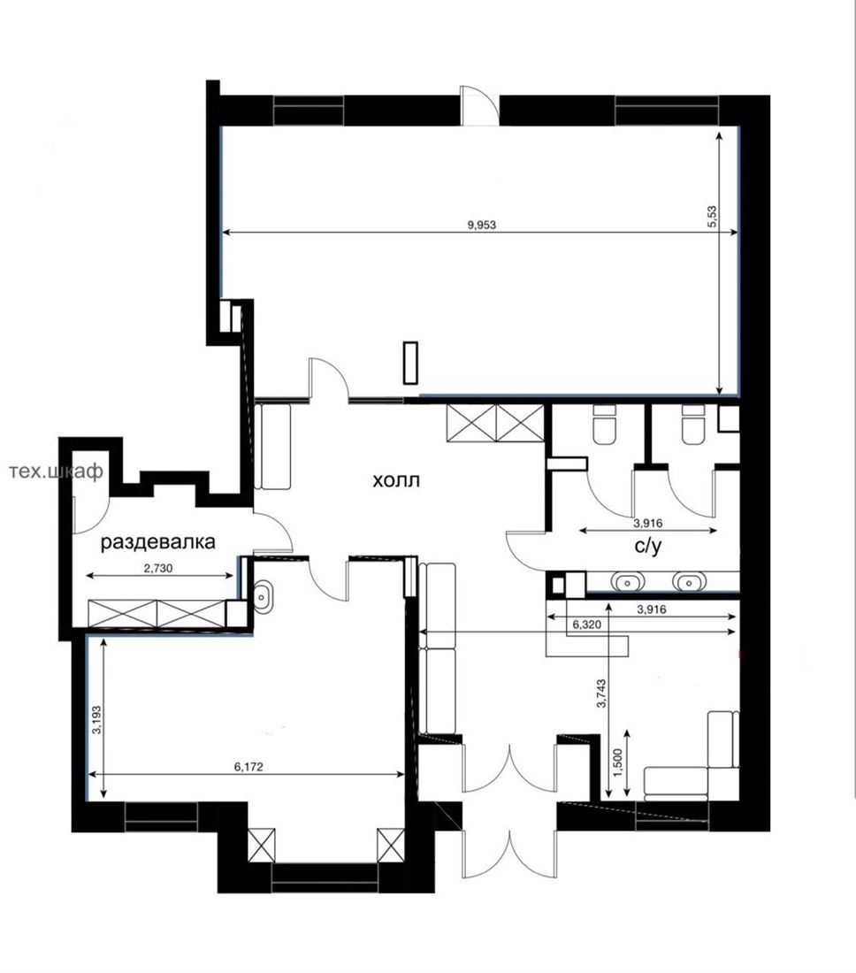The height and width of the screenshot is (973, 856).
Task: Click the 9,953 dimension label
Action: point(481,226)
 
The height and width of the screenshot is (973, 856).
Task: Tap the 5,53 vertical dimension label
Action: point(712,217)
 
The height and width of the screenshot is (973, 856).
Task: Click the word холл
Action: point(396,479)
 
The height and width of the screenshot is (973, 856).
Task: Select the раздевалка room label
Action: point(157,541)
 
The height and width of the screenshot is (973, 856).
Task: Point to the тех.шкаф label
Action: point(57,472)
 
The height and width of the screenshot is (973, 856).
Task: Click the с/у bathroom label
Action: point(648,546)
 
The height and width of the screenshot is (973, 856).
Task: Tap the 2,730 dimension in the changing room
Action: point(157,567)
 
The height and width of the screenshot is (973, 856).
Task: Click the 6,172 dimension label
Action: point(248,767)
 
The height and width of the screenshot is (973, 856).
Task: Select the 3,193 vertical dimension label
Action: point(96,720)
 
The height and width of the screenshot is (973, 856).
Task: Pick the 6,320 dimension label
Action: point(586,624)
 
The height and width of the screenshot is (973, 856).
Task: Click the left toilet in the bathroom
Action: point(604,425)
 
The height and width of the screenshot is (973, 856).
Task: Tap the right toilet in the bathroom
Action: point(693,425)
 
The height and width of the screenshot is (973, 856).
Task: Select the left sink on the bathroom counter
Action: point(628,582)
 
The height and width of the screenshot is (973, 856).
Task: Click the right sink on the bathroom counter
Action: point(689,582)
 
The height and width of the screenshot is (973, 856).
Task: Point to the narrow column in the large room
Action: point(410,363)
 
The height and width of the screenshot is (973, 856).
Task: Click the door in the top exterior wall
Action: point(479,106)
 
